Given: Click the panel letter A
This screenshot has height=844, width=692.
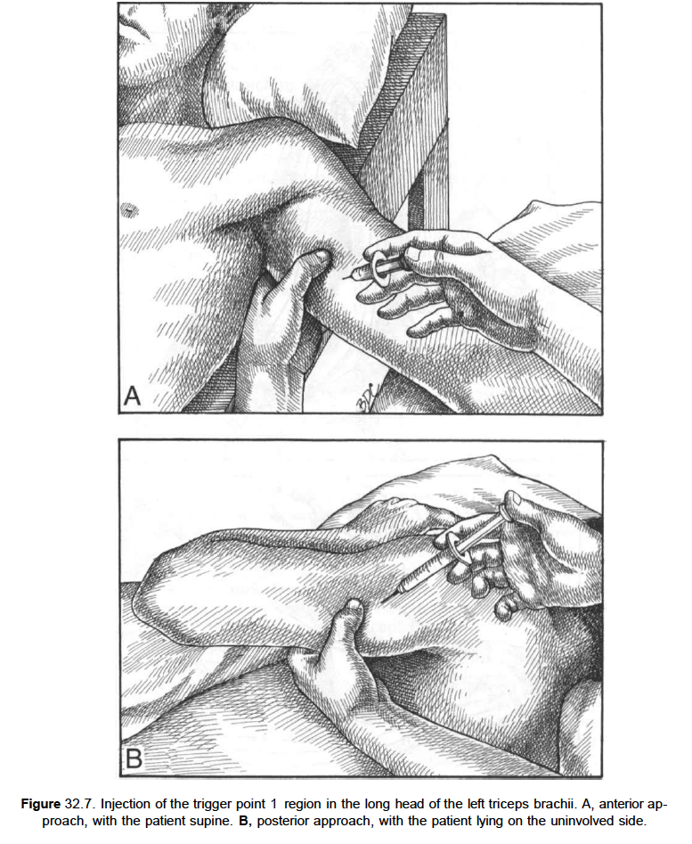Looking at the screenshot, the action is [x=132, y=397].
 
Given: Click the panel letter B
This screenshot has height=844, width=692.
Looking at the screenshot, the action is [x=134, y=758].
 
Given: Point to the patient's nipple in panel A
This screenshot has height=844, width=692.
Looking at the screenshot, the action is [x=128, y=209].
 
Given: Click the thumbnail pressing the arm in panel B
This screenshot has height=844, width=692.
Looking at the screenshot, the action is [x=354, y=605].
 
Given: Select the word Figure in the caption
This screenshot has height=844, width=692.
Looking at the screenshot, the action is [x=41, y=804].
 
